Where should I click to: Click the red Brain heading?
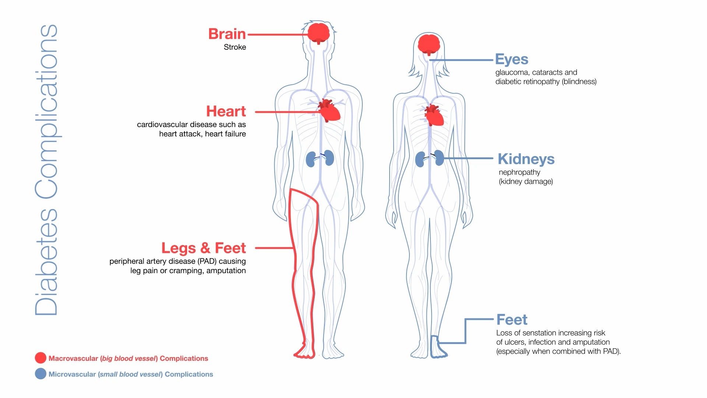pyautogui.click(x=227, y=34)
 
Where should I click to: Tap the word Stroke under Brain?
pyautogui.click(x=235, y=47)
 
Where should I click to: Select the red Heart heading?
pyautogui.click(x=226, y=111)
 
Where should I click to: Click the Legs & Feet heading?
pyautogui.click(x=203, y=248)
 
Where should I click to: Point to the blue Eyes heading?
pyautogui.click(x=511, y=59)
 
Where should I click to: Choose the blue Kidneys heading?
pyautogui.click(x=526, y=159)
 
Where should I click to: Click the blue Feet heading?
pyautogui.click(x=511, y=320)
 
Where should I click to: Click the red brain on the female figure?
pyautogui.click(x=429, y=44)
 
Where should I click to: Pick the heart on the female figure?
pyautogui.click(x=434, y=116)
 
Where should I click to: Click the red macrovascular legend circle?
pyautogui.click(x=41, y=358)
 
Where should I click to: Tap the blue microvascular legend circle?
pyautogui.click(x=41, y=374)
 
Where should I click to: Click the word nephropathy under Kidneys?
pyautogui.click(x=519, y=172)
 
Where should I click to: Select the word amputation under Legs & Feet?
pyautogui.click(x=226, y=270)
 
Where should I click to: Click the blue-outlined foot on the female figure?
pyautogui.click(x=438, y=348)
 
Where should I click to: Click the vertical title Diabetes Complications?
pyautogui.click(x=46, y=170)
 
